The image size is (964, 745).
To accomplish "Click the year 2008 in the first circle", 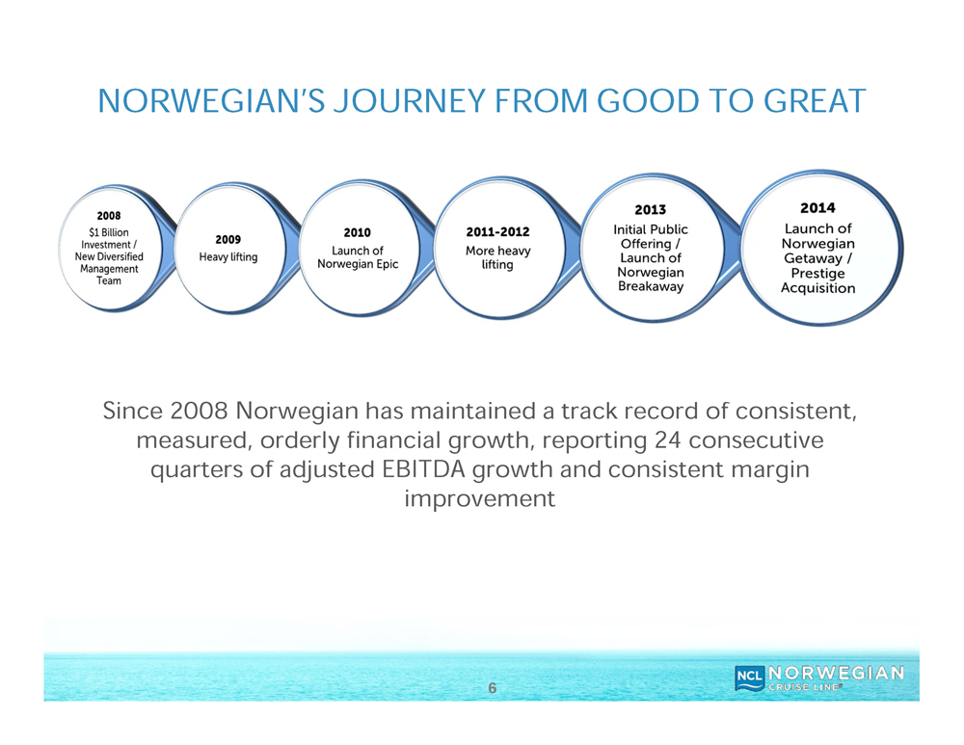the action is (x=109, y=216).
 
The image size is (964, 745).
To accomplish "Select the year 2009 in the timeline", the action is (x=228, y=240).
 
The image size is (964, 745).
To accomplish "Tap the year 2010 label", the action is (x=358, y=233).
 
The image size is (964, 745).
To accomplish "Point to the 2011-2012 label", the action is (x=498, y=231).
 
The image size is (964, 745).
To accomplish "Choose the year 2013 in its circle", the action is (x=651, y=210).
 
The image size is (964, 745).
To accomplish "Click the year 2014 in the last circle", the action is (x=817, y=208).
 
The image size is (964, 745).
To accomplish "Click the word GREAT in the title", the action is (x=815, y=101).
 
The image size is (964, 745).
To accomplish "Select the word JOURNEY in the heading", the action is (x=410, y=101).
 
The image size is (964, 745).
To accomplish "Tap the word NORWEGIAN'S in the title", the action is (x=211, y=101).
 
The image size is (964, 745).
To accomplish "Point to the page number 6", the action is (x=492, y=688).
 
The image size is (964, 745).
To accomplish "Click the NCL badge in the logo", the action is (x=750, y=676).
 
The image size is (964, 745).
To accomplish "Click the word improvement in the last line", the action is (x=480, y=498).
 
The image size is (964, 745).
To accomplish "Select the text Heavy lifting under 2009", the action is (x=228, y=257).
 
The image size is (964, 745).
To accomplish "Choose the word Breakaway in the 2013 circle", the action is (x=651, y=286).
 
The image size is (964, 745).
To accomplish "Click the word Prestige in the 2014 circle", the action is (x=817, y=274).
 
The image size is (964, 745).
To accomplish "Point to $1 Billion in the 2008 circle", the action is (x=109, y=232).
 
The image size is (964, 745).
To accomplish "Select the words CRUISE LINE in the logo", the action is (x=805, y=687).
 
